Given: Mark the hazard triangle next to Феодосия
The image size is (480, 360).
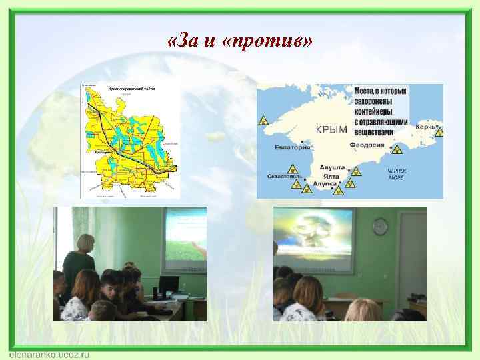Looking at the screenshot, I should tap(397, 149).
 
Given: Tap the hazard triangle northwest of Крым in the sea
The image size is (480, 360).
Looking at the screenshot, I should tap(264, 121).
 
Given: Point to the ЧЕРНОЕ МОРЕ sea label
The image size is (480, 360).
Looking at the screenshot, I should tap(397, 175).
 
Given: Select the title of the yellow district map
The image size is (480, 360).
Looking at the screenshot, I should tap(127, 88).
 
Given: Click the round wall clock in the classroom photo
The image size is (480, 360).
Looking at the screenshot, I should tap(380, 226).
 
